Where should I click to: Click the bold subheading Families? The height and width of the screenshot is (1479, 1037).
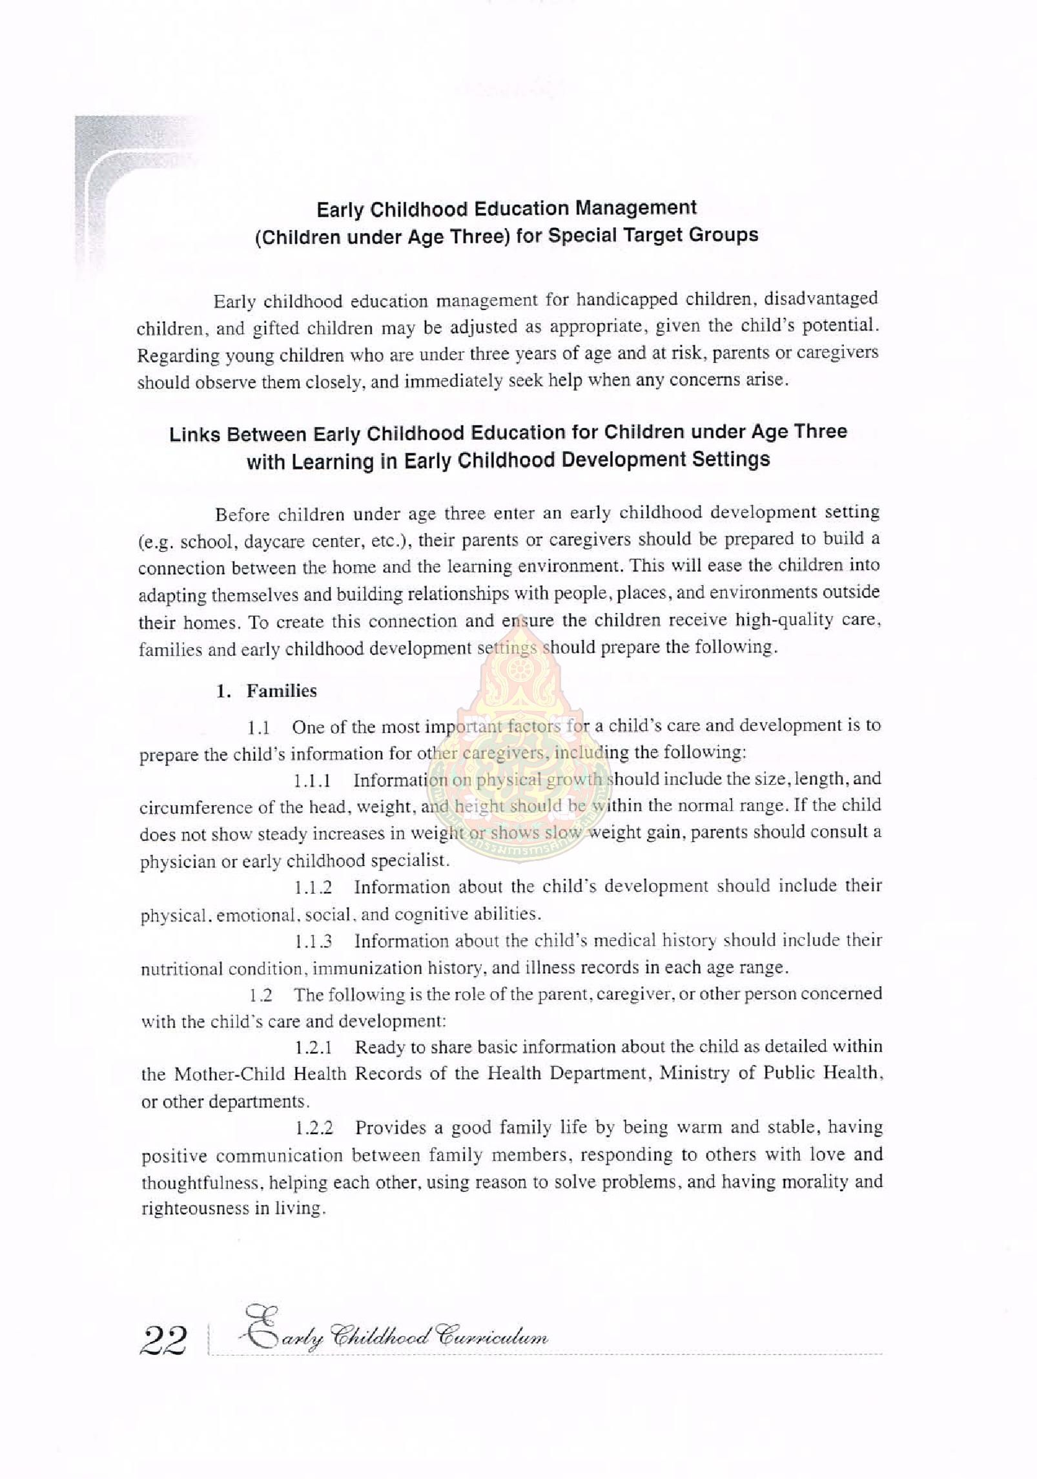click(282, 691)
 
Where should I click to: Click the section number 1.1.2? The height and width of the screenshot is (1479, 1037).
click(313, 887)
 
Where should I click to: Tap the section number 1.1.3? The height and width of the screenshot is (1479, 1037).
click(313, 942)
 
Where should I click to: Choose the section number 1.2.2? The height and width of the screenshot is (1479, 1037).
click(314, 1128)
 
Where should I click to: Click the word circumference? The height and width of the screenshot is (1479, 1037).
click(194, 808)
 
